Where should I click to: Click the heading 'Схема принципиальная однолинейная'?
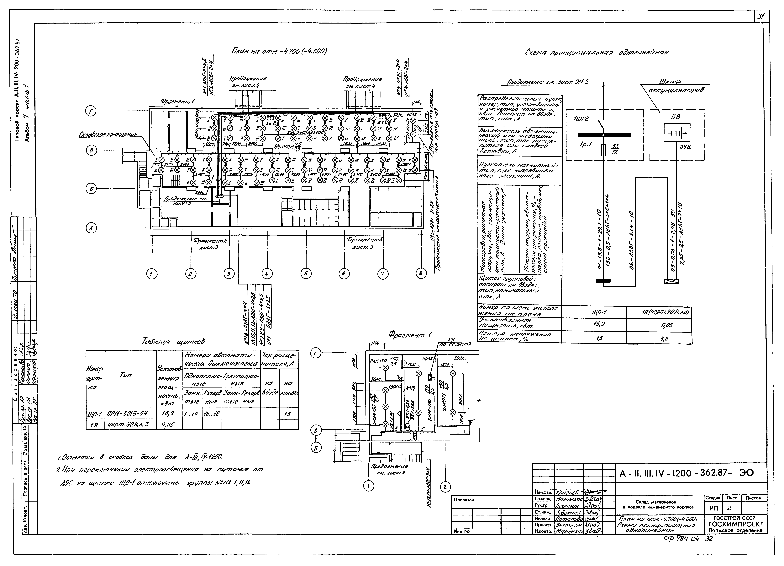(596, 53)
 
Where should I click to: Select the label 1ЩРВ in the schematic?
(581, 119)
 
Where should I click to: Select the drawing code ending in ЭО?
(686, 473)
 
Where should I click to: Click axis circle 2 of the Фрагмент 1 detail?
(445, 487)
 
